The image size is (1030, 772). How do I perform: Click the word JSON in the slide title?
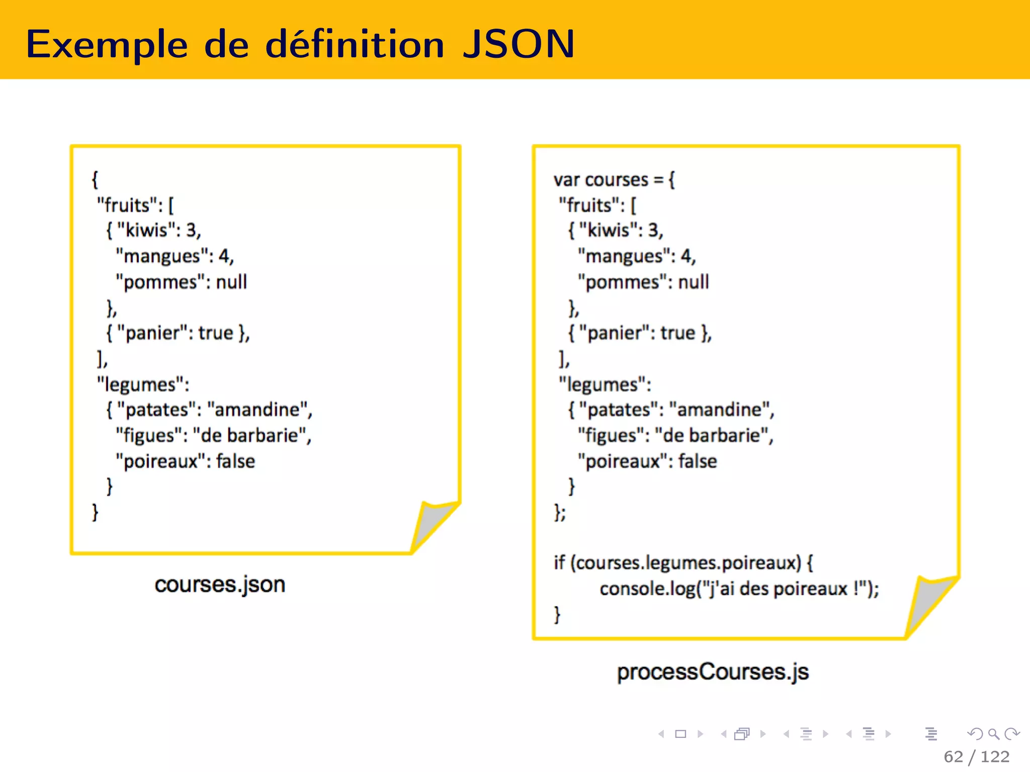click(x=519, y=44)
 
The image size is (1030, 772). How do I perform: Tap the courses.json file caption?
click(x=220, y=585)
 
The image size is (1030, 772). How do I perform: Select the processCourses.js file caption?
click(x=713, y=672)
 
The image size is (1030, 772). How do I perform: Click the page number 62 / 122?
click(x=976, y=756)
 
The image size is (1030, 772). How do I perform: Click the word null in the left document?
click(x=231, y=282)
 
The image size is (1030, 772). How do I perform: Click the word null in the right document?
click(x=694, y=282)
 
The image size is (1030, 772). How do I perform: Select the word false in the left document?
click(x=235, y=461)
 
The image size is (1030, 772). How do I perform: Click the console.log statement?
click(x=739, y=589)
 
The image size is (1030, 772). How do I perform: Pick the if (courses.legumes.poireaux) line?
click(x=683, y=563)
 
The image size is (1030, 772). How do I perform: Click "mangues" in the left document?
click(x=161, y=256)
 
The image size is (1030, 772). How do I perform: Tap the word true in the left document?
click(x=216, y=333)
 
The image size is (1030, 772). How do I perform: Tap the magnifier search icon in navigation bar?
click(x=993, y=734)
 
